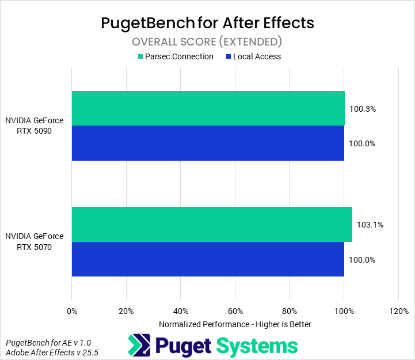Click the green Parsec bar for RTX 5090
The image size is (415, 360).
[208, 108]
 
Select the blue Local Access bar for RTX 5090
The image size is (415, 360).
[207, 143]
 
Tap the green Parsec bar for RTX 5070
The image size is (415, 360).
[211, 224]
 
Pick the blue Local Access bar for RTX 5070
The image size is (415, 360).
[207, 259]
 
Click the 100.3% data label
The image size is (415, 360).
[362, 108]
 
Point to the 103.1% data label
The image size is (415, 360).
[370, 225]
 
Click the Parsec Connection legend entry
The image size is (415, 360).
[175, 56]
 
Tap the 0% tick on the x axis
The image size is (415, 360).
[72, 312]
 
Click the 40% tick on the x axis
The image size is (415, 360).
[181, 312]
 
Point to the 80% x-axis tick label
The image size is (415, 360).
[290, 312]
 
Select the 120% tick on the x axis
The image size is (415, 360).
[398, 312]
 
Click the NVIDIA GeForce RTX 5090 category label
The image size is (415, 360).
[35, 126]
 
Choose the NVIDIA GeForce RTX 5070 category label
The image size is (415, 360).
[35, 241]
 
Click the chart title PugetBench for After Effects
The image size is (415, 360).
[207, 22]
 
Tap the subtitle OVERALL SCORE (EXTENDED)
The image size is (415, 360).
[207, 41]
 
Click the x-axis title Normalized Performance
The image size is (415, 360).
[235, 324]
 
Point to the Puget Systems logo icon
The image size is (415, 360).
[139, 346]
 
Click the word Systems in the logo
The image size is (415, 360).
[257, 346]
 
